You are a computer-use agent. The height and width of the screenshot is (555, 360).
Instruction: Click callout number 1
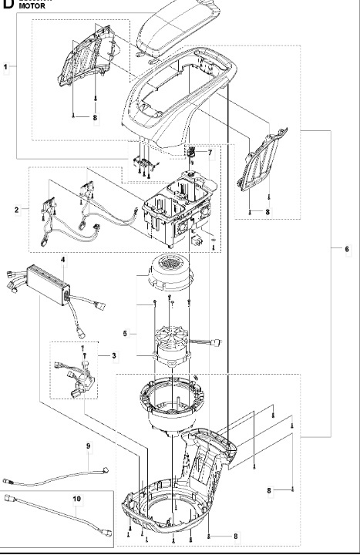pos(6,68)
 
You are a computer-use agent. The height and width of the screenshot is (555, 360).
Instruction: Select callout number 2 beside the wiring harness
pos(16,209)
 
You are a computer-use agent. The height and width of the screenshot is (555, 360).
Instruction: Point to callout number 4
pos(64,261)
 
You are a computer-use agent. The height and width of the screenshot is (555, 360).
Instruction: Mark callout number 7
pos(209,153)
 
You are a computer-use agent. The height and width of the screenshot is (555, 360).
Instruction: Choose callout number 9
pos(88,446)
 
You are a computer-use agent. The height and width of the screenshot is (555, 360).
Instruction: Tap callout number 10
pos(76,499)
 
